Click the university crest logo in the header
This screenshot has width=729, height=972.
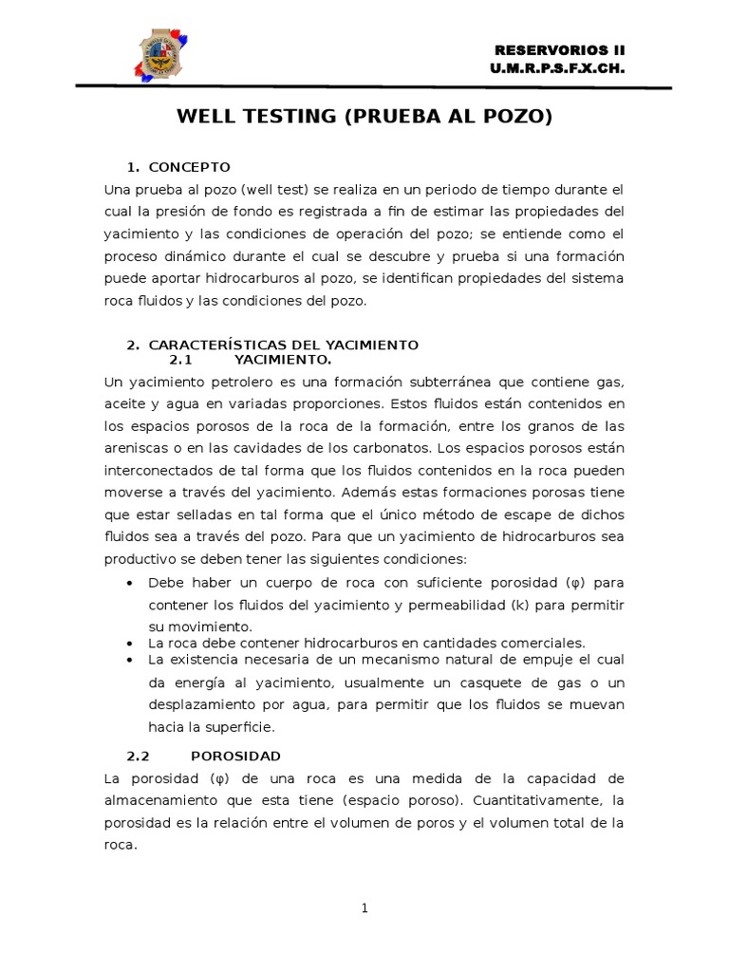tap(163, 54)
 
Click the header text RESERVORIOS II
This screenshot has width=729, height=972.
tap(561, 50)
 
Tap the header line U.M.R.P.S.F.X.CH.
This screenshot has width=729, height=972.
tap(558, 69)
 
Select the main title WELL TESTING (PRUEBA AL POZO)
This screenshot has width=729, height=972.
tap(364, 117)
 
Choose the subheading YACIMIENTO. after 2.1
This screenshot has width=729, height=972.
tap(283, 360)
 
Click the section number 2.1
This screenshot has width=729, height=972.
tap(180, 360)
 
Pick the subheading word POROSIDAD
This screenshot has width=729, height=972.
tap(235, 756)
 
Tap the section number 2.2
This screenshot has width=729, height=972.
tap(140, 756)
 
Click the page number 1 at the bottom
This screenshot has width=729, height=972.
tap(364, 908)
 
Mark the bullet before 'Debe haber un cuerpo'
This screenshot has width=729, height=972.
tap(129, 582)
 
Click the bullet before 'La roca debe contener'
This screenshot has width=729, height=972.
tap(129, 644)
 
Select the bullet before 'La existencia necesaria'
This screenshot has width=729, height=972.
tap(129, 659)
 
